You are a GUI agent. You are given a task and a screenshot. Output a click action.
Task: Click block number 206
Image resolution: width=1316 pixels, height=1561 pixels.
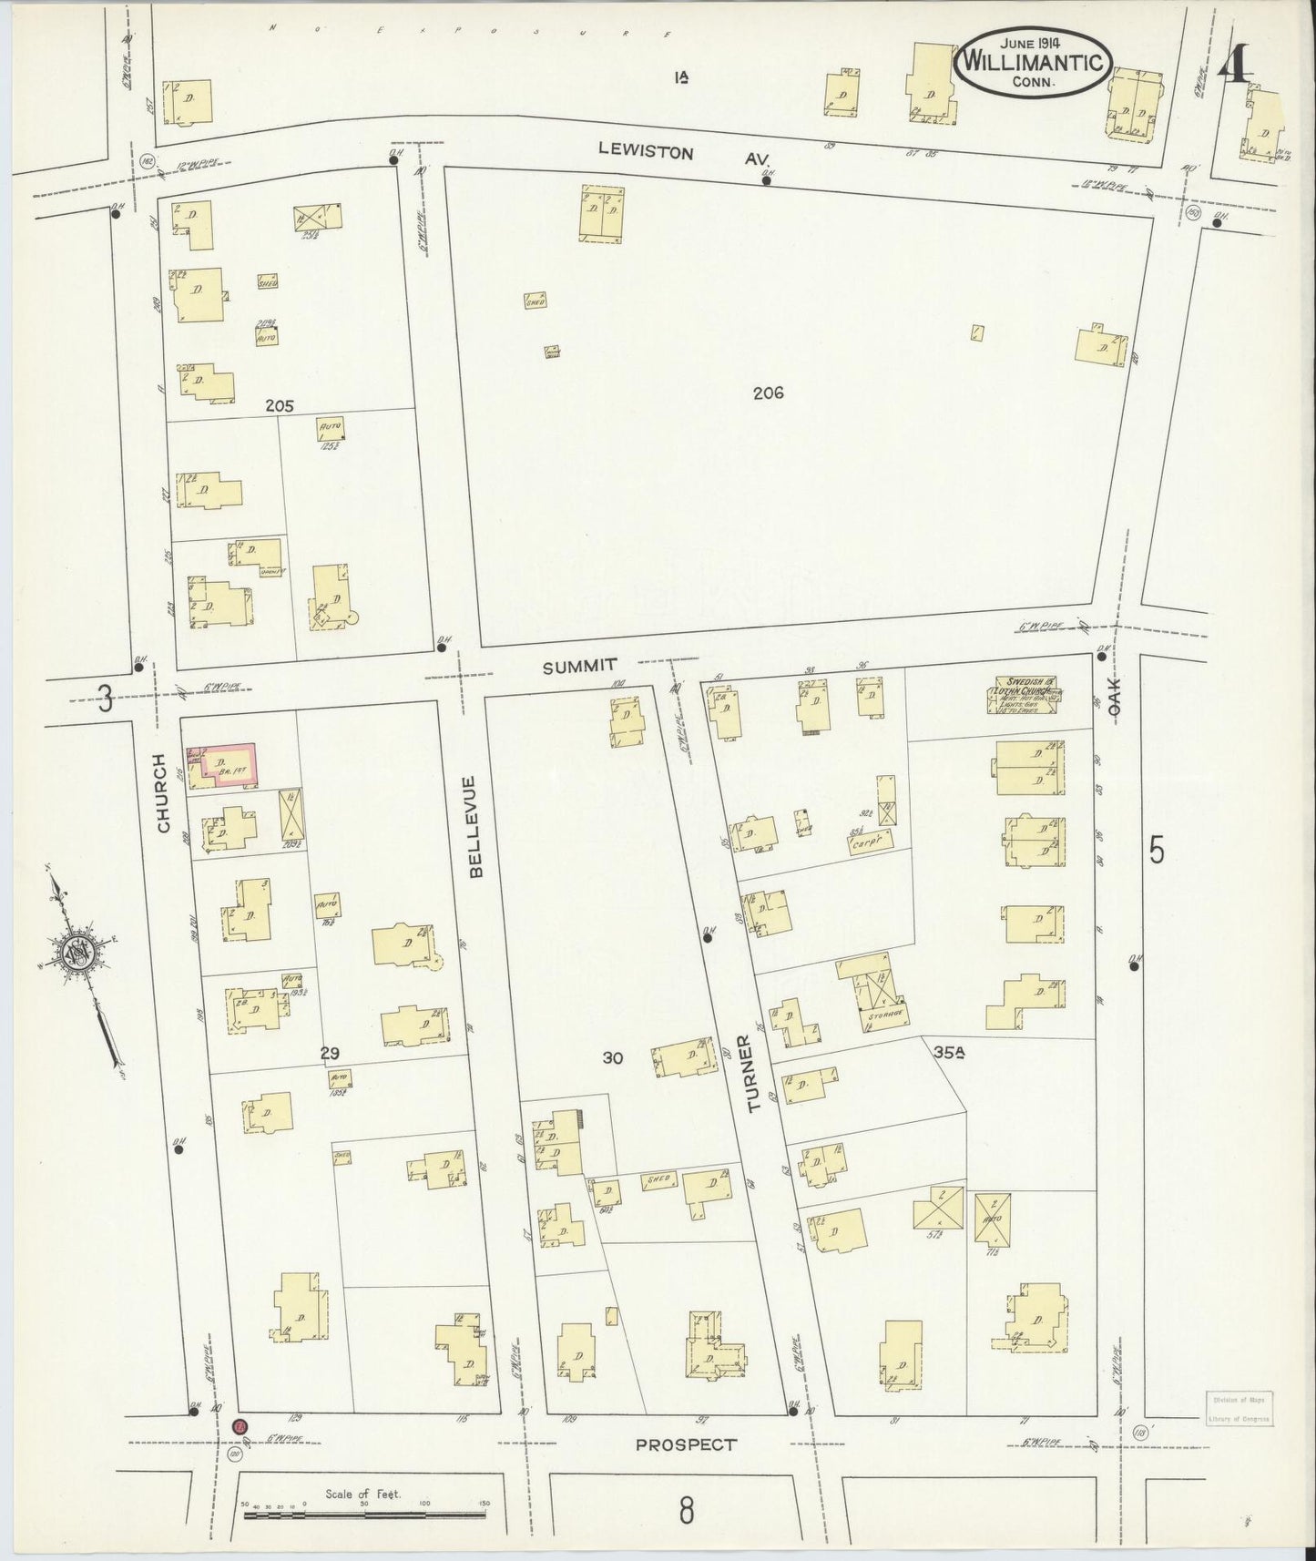768,393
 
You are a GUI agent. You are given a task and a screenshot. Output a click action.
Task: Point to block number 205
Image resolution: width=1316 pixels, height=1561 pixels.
279,406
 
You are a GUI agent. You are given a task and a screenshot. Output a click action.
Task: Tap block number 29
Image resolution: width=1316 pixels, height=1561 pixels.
330,1053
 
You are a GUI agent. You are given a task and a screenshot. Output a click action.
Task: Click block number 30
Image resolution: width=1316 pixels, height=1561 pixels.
612,1057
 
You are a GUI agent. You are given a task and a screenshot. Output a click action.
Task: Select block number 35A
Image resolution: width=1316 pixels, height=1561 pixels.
948,1052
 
